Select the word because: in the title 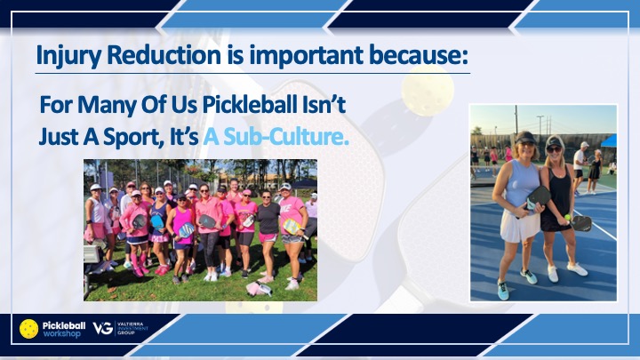(419, 55)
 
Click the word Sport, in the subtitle (131, 138)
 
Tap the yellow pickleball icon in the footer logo (29, 329)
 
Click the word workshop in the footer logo (61, 334)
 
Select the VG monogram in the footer (103, 328)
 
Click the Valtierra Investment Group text (132, 328)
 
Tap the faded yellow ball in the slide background (428, 90)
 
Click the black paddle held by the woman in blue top (538, 197)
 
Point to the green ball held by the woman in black (567, 217)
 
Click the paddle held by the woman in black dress (581, 223)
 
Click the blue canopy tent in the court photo (609, 140)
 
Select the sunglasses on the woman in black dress (554, 150)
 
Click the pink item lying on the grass (259, 288)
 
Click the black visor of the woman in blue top (525, 137)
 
